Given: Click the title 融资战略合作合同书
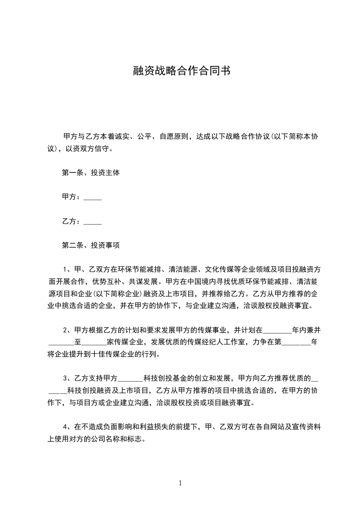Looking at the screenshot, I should click(x=180, y=71).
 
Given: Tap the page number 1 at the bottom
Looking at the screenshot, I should click(x=180, y=483).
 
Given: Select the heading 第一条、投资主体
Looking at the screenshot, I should click(x=91, y=173).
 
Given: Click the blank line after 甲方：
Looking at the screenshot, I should click(x=93, y=198).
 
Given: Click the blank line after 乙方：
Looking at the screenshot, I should click(x=93, y=222).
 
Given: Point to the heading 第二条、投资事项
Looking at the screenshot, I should click(x=91, y=246).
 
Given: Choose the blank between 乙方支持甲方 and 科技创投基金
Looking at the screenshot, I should click(x=130, y=378).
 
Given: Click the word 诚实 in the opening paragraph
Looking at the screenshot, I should click(x=122, y=137).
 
